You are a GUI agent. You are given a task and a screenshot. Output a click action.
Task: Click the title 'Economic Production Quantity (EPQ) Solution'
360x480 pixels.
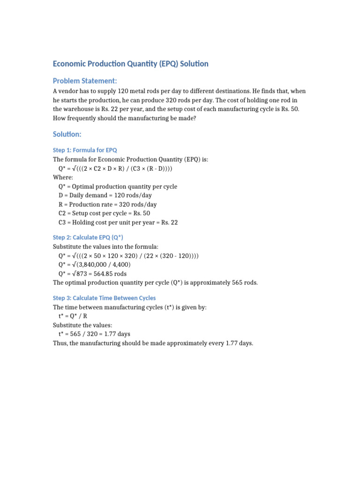click(130, 64)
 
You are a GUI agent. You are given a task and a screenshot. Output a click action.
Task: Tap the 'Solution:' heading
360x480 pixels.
click(67, 135)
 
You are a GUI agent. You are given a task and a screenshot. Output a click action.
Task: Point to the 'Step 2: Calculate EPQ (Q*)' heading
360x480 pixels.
click(88, 238)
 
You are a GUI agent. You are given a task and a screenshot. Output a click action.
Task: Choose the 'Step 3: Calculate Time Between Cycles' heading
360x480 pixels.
click(104, 298)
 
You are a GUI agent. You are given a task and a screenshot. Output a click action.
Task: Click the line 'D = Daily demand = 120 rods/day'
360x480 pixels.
click(105, 195)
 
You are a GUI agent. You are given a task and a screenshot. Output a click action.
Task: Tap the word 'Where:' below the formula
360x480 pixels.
click(63, 177)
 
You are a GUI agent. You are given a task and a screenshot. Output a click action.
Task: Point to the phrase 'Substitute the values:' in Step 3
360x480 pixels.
click(82, 325)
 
